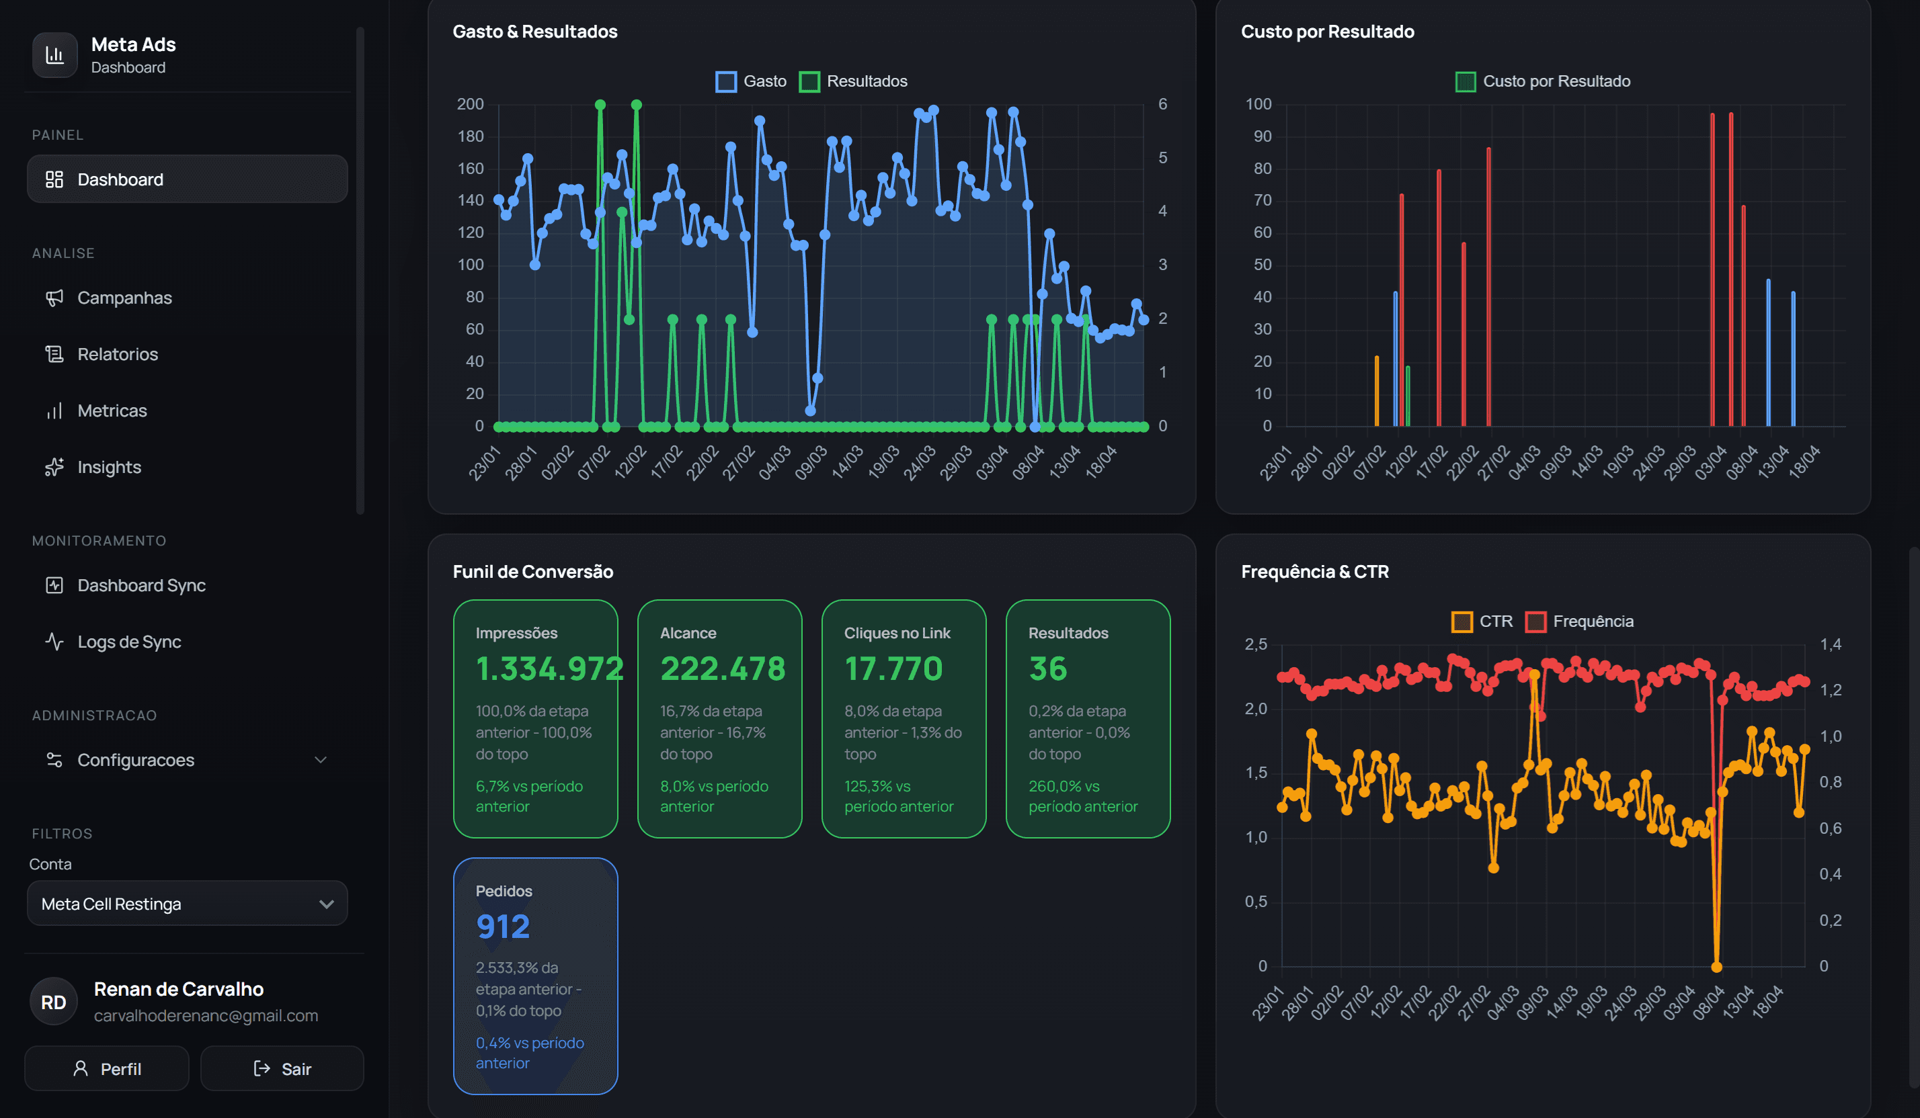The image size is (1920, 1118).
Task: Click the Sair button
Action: (x=282, y=1068)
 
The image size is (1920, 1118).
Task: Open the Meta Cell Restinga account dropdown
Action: (x=188, y=903)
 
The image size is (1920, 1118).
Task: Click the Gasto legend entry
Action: (x=751, y=81)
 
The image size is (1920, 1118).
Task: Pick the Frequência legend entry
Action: (x=1579, y=621)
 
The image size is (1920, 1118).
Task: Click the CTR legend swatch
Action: (x=1462, y=621)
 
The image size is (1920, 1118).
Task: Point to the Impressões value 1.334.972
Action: (x=549, y=669)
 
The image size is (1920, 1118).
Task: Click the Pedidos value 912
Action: (x=503, y=927)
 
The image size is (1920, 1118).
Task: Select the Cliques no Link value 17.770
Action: (x=893, y=669)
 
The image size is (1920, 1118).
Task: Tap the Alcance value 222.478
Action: (x=722, y=669)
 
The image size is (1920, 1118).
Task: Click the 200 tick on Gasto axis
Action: (x=470, y=104)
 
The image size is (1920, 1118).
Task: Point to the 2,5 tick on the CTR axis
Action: (x=1256, y=644)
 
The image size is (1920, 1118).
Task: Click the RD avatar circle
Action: (x=53, y=1002)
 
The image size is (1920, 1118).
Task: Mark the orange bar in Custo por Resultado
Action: (x=1376, y=390)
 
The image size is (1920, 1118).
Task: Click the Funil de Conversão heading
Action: (x=532, y=572)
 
